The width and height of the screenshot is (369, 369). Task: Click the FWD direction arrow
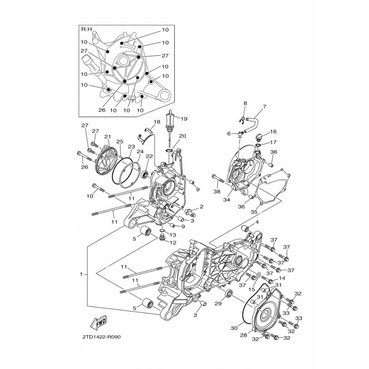(x=98, y=321)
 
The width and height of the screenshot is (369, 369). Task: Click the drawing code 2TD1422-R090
(x=101, y=337)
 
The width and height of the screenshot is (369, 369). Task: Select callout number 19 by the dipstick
(x=184, y=119)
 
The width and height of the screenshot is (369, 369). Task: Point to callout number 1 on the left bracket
(x=81, y=274)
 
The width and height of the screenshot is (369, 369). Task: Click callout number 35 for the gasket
(x=254, y=212)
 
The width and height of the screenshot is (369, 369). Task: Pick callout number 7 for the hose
(x=264, y=107)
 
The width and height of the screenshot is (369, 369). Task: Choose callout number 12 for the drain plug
(x=173, y=243)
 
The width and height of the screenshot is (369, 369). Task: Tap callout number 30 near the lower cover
(x=234, y=327)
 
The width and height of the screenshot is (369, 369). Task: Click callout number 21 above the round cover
(x=107, y=137)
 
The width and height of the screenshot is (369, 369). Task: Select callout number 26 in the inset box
(x=102, y=110)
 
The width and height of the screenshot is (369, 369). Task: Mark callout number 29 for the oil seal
(x=218, y=304)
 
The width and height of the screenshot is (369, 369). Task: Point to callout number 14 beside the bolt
(x=282, y=278)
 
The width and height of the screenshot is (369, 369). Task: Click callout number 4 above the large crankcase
(x=257, y=222)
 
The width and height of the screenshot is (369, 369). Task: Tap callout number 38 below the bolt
(x=217, y=191)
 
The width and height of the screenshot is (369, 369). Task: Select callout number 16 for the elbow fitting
(x=273, y=131)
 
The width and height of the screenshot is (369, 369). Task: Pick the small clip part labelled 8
(x=242, y=120)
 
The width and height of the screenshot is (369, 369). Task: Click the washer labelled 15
(x=258, y=274)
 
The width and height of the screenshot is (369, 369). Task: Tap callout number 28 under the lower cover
(x=244, y=335)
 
